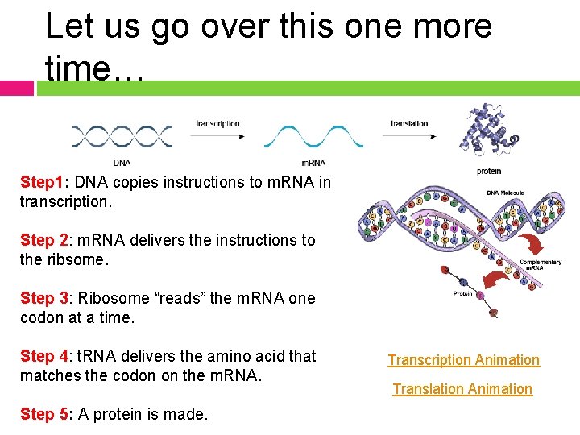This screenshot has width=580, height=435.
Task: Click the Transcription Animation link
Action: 463,360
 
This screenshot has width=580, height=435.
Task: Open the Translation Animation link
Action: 462,389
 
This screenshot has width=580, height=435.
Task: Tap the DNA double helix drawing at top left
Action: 122,136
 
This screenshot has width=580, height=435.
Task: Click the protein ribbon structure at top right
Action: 488,130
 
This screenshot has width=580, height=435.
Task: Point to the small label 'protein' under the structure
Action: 488,171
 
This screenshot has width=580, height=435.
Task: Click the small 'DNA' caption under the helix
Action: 122,163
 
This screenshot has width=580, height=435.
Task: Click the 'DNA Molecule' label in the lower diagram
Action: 505,193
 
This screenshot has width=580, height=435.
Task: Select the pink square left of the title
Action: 16,88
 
